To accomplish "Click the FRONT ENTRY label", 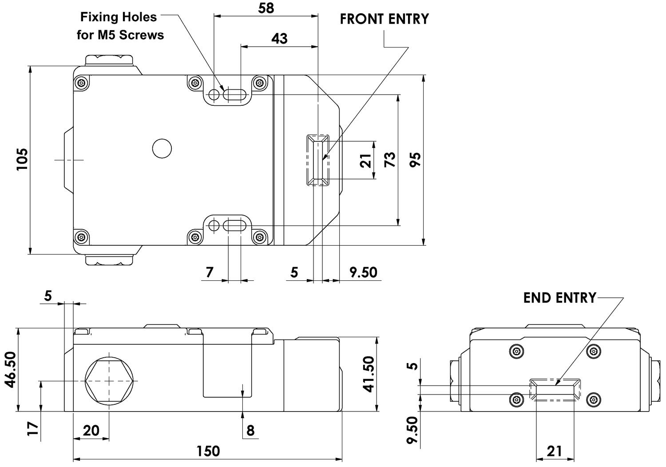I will click(x=384, y=19).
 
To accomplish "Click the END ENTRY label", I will click(x=559, y=298).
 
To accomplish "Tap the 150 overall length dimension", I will click(x=208, y=451).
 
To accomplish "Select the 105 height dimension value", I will click(x=22, y=159).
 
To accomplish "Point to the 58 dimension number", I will click(x=266, y=8).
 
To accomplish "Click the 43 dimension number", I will click(x=279, y=39).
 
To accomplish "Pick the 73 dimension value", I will click(x=389, y=160).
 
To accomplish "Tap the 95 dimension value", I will click(x=415, y=160).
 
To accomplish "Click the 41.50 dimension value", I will click(x=369, y=374).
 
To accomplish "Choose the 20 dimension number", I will click(x=91, y=430).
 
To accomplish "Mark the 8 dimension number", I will click(x=250, y=430).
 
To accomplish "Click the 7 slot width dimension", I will click(x=210, y=271).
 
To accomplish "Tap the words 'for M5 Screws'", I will click(x=120, y=35).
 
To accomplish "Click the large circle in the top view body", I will click(x=162, y=148).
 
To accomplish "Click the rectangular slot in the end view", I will click(x=555, y=390).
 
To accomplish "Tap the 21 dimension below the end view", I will click(x=554, y=451).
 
